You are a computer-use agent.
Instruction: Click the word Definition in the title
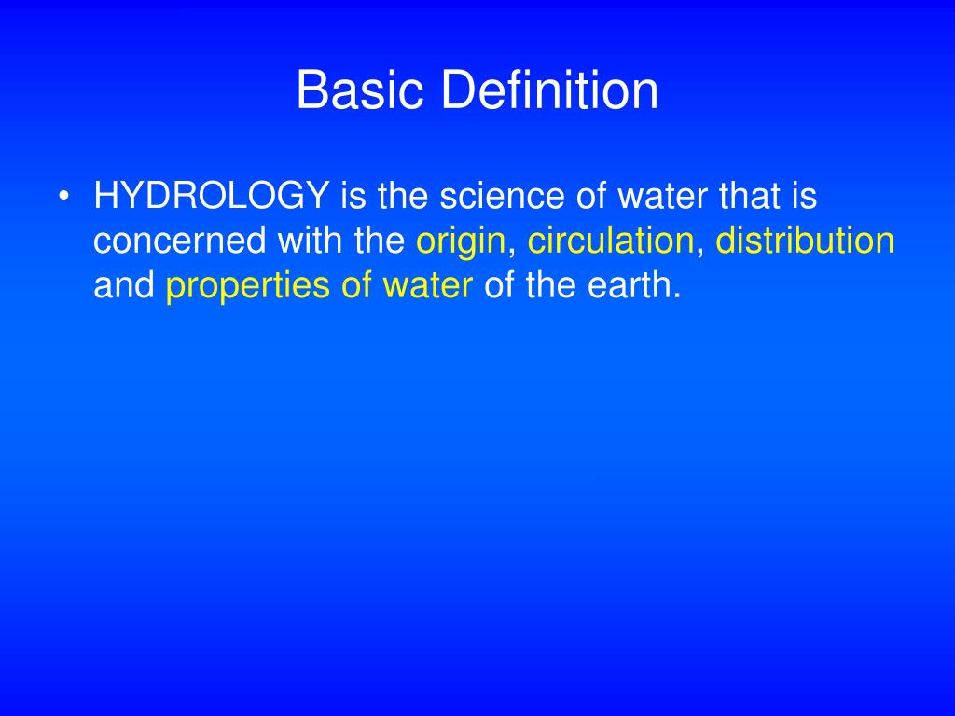[x=549, y=91]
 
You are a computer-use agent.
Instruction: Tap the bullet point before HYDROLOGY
[x=63, y=197]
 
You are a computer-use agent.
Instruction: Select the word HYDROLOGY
[x=212, y=197]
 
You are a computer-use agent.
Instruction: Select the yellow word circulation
[x=611, y=241]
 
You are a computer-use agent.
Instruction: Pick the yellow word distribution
[x=805, y=241]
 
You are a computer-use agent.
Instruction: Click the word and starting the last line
[x=124, y=286]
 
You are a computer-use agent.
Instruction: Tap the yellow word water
[x=427, y=286]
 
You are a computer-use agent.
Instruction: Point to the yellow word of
[x=357, y=286]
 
